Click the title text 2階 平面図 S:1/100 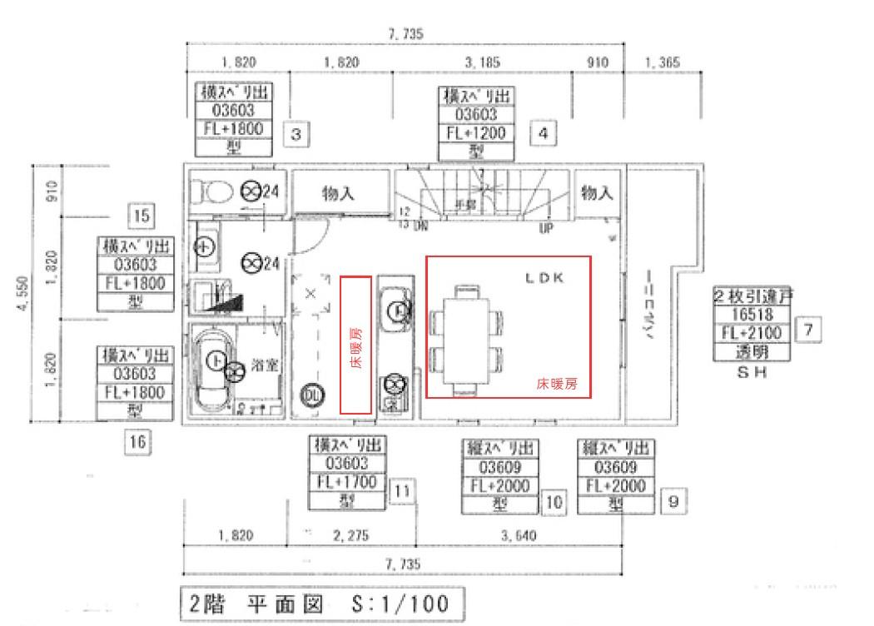click(x=318, y=604)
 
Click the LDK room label click(x=544, y=279)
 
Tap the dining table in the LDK click(x=466, y=340)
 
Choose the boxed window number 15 click(x=142, y=216)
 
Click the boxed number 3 click(x=297, y=132)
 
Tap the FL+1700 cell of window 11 click(x=347, y=482)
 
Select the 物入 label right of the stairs click(x=597, y=193)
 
